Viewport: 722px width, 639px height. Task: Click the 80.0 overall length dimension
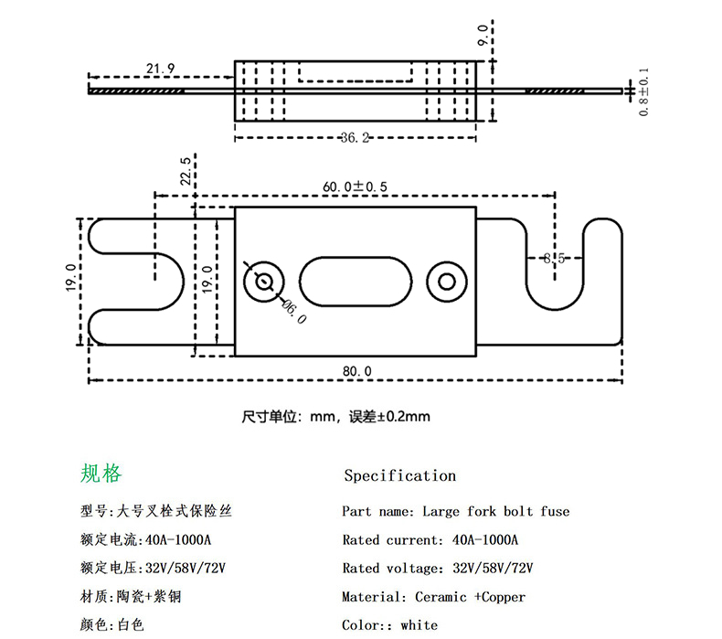(x=356, y=370)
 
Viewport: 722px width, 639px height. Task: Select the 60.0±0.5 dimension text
(x=355, y=186)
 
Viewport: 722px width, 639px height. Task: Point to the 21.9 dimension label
(x=160, y=69)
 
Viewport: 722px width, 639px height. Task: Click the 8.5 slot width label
(x=555, y=258)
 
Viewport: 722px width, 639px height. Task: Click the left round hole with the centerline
(x=265, y=280)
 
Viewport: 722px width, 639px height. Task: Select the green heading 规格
(x=101, y=473)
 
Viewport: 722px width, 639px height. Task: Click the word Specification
(x=399, y=475)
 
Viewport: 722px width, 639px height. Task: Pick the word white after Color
(x=419, y=625)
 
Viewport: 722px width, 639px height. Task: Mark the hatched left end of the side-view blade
(x=137, y=91)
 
